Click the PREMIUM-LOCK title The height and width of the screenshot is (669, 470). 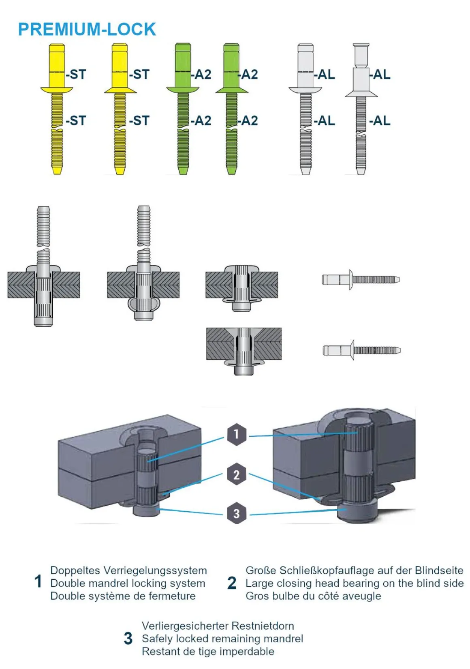87,30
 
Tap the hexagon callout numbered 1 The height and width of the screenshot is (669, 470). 237,434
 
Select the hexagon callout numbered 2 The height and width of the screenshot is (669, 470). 237,474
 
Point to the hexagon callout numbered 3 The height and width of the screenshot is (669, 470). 237,513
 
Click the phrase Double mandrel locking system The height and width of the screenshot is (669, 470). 128,583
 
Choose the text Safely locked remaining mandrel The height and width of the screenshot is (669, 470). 222,639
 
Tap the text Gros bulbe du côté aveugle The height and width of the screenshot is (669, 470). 313,596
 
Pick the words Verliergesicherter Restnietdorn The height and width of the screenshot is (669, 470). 218,626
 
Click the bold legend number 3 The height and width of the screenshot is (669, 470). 128,639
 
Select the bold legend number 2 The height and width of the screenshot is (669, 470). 232,583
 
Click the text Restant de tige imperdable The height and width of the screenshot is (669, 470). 208,652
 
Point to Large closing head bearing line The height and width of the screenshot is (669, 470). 355,583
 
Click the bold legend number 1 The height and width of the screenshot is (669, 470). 38,581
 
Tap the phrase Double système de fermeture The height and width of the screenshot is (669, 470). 123,596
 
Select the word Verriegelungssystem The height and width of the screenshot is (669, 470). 155,570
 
